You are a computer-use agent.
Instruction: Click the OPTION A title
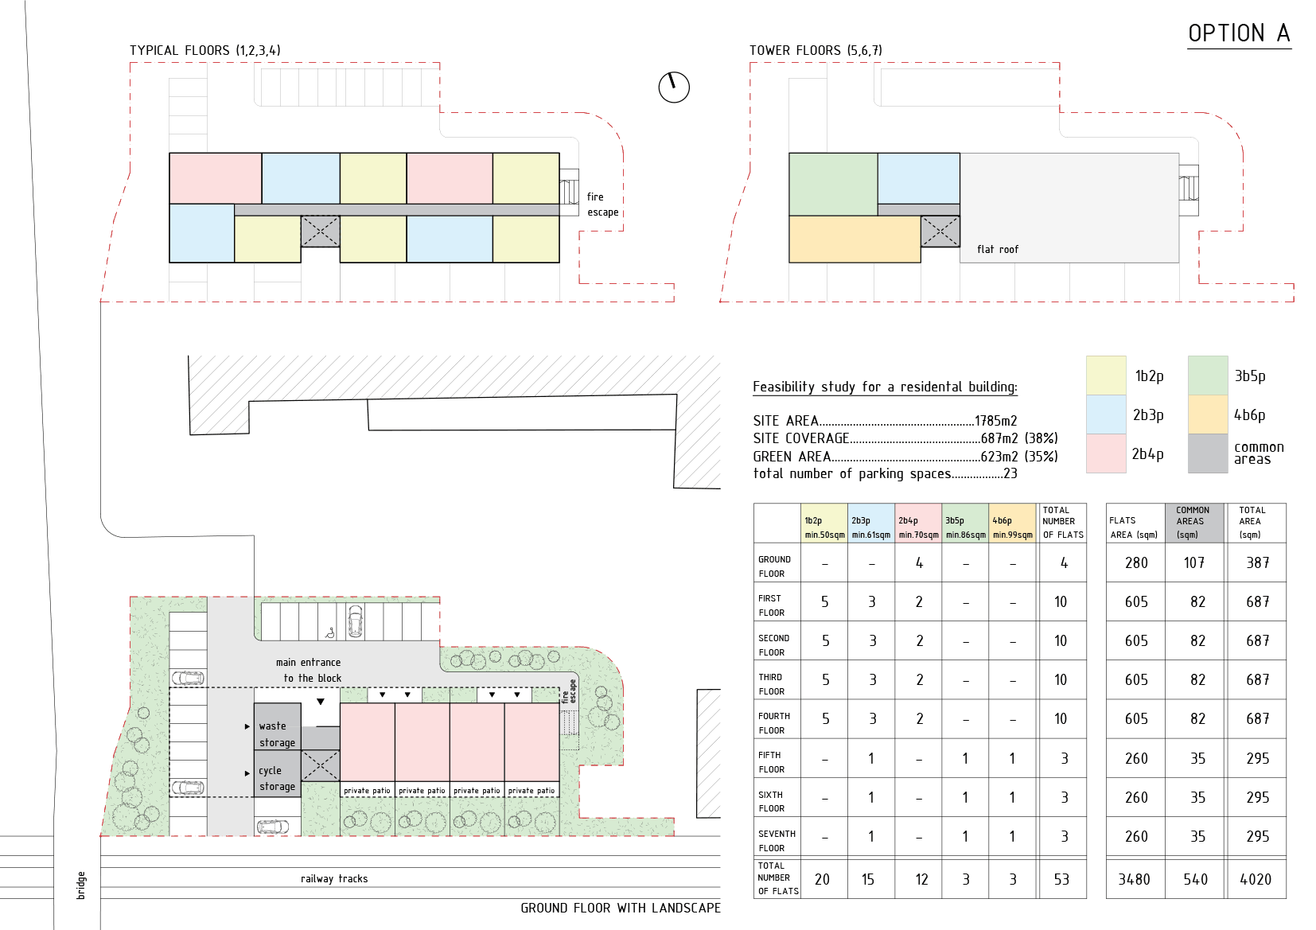click(1239, 33)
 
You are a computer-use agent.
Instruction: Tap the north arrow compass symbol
click(674, 86)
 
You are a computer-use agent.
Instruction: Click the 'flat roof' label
click(998, 250)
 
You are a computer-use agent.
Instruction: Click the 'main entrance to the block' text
click(309, 670)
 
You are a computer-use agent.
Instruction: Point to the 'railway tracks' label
click(334, 879)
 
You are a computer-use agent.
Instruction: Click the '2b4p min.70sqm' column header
click(918, 527)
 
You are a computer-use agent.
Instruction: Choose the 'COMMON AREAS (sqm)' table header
click(1193, 523)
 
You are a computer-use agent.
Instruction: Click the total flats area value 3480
click(1136, 879)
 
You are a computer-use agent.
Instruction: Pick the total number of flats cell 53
click(1061, 879)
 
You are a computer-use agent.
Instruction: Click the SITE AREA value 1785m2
click(995, 421)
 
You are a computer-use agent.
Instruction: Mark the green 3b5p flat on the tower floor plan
click(833, 185)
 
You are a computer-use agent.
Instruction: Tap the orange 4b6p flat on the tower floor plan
click(855, 239)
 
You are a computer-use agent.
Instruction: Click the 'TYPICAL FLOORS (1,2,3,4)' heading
click(205, 50)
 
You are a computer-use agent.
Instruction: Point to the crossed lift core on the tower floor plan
click(940, 232)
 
